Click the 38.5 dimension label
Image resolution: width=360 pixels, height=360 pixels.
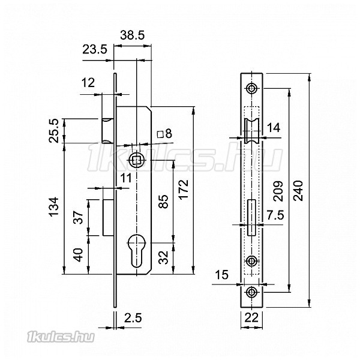pyautogui.click(x=133, y=35)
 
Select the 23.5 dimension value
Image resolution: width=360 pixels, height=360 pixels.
pyautogui.click(x=95, y=49)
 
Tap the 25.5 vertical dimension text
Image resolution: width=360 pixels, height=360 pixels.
pyautogui.click(x=54, y=131)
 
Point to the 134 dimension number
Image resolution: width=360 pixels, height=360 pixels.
pyautogui.click(x=54, y=206)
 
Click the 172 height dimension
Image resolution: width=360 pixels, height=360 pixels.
pyautogui.click(x=184, y=190)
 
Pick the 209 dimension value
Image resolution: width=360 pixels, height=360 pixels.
pyautogui.click(x=278, y=191)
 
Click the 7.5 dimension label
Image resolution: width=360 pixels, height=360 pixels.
pyautogui.click(x=275, y=215)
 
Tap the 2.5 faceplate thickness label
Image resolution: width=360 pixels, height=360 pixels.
pyautogui.click(x=133, y=318)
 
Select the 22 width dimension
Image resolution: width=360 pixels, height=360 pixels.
pyautogui.click(x=251, y=318)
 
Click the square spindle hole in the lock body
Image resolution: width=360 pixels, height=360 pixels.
pyautogui.click(x=137, y=160)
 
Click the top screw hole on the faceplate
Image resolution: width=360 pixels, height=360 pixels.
pyautogui.click(x=251, y=88)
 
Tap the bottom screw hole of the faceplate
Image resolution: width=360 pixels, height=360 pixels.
pyautogui.click(x=251, y=292)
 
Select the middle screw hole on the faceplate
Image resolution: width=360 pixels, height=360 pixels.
pyautogui.click(x=251, y=261)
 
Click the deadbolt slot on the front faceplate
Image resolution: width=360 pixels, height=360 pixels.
pyautogui.click(x=252, y=217)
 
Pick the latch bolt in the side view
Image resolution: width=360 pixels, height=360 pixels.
pyautogui.click(x=107, y=131)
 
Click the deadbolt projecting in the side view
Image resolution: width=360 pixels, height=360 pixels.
pyautogui.click(x=108, y=218)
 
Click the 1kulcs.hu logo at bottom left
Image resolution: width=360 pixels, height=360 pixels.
pyautogui.click(x=61, y=337)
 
